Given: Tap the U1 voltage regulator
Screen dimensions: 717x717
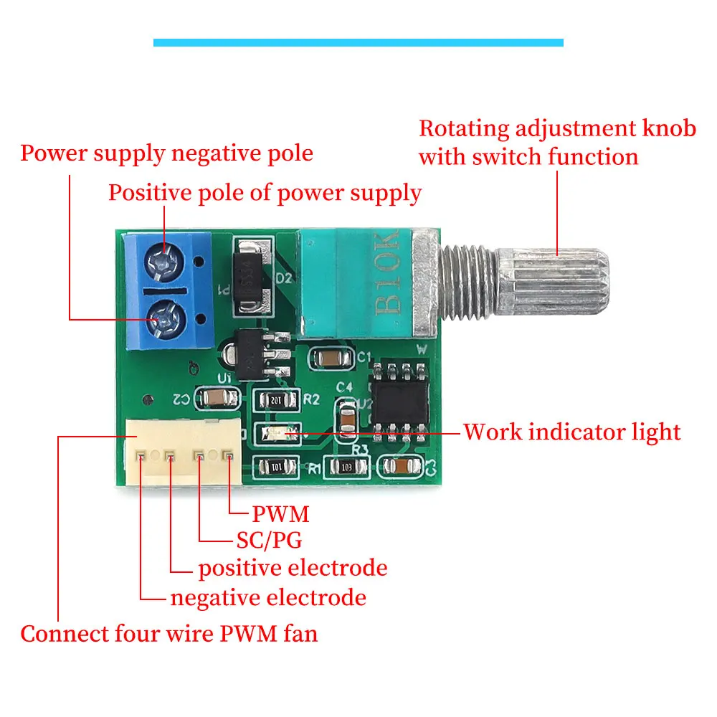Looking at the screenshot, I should coord(251,353).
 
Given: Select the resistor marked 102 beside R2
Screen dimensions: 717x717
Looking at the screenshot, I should coord(276,400).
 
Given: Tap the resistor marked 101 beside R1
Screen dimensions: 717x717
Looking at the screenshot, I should coord(276,467).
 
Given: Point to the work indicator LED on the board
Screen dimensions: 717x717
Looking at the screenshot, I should coord(276,432).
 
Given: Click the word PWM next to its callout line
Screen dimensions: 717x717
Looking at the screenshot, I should coord(280,514).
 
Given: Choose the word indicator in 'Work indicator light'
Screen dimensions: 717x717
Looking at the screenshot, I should coord(582,432).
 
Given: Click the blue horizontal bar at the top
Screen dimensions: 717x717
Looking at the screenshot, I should coord(358,43).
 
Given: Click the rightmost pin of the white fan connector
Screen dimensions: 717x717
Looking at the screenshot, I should coord(228,455).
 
